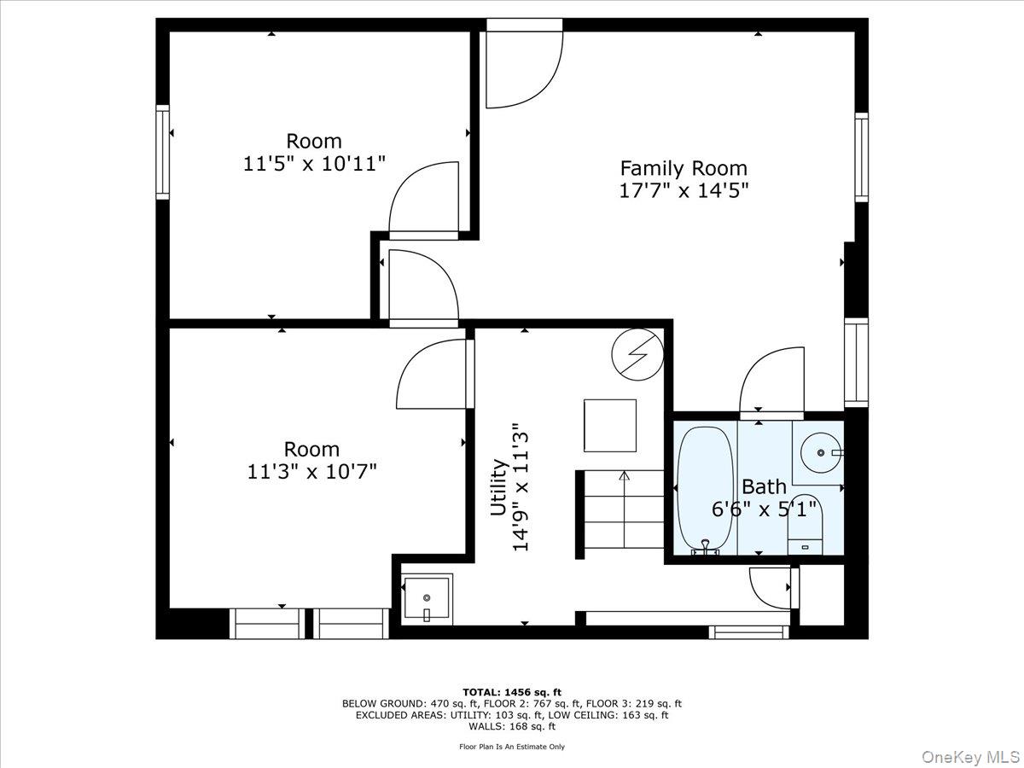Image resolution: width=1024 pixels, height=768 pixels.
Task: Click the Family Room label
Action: tap(683, 168)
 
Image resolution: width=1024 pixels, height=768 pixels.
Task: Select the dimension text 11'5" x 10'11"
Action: tap(314, 163)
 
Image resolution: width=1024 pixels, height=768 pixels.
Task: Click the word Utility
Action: tap(498, 487)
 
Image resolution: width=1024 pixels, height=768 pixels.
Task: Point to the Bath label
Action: tap(764, 487)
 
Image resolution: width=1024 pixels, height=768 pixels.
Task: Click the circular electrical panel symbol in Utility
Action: tap(637, 354)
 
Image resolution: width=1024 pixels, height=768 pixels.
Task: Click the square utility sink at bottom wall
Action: tap(427, 599)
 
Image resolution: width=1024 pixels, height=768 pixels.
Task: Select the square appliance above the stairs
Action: tap(609, 425)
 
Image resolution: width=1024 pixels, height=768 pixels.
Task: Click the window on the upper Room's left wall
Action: tap(162, 152)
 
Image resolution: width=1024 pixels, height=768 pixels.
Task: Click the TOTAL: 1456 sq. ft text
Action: tap(512, 692)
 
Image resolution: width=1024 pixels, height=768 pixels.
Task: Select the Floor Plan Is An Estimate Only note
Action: tap(512, 747)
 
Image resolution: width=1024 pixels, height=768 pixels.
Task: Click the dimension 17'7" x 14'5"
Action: tap(683, 190)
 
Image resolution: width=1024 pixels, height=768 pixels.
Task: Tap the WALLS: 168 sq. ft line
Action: tap(512, 727)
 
